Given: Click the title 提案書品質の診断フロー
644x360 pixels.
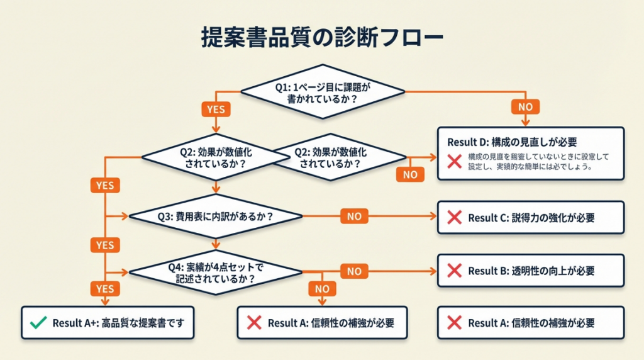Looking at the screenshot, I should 322,37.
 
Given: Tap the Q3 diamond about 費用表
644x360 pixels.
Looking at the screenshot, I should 216,216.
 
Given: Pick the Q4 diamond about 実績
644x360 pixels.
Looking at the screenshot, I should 216,272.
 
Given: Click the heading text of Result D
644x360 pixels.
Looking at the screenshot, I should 512,142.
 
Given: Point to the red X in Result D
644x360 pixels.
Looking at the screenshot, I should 454,161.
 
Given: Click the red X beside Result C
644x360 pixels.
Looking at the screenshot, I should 454,218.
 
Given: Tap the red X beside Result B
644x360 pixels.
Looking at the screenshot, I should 454,271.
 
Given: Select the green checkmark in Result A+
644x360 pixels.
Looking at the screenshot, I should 38,323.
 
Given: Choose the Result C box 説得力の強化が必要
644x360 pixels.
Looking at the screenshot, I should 531,218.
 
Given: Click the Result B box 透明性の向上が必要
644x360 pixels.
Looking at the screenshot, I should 531,271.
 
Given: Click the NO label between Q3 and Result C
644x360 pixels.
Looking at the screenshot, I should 354,217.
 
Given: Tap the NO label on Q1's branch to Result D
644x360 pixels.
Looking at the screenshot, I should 525,107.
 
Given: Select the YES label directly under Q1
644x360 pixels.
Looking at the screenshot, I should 216,109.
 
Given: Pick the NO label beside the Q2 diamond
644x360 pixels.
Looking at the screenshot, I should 410,174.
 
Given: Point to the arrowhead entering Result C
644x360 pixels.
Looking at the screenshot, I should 434,217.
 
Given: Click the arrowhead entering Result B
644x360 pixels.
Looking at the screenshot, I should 434,271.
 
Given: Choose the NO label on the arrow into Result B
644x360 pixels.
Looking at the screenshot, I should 354,271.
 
